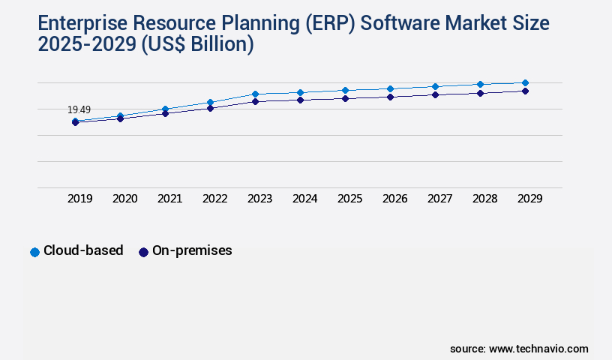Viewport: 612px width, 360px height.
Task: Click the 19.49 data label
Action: click(79, 110)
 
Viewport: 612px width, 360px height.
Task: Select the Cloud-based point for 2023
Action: click(255, 94)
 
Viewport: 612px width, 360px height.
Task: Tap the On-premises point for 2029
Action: click(525, 91)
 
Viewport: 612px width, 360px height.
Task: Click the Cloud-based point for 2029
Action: click(525, 82)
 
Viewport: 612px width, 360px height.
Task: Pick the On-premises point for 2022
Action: click(210, 108)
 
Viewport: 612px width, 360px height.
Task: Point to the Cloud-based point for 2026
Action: click(390, 88)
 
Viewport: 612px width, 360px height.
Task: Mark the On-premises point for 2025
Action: click(345, 98)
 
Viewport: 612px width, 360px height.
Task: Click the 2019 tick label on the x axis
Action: click(79, 199)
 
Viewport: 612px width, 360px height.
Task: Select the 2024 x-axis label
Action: click(304, 199)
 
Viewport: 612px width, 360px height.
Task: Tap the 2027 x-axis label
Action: click(439, 199)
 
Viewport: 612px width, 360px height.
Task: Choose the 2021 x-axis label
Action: click(169, 199)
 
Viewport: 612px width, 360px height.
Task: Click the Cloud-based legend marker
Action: click(34, 252)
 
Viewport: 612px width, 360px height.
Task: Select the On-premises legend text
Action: click(192, 251)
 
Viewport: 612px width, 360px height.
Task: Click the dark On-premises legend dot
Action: click(143, 252)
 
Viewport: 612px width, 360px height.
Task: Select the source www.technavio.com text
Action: click(519, 349)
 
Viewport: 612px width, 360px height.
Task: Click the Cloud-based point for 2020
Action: click(120, 116)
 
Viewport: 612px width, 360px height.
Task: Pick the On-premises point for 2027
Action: click(435, 94)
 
